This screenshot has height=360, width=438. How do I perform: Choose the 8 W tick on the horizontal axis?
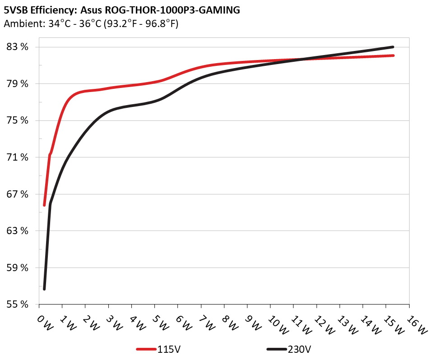click(x=230, y=324)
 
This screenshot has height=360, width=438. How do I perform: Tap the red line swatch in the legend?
click(x=146, y=349)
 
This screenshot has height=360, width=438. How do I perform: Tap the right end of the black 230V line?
click(x=393, y=47)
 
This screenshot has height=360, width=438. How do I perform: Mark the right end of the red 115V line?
click(x=393, y=55)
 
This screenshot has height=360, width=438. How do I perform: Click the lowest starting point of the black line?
click(x=44, y=289)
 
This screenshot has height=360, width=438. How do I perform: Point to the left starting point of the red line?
click(x=44, y=205)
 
